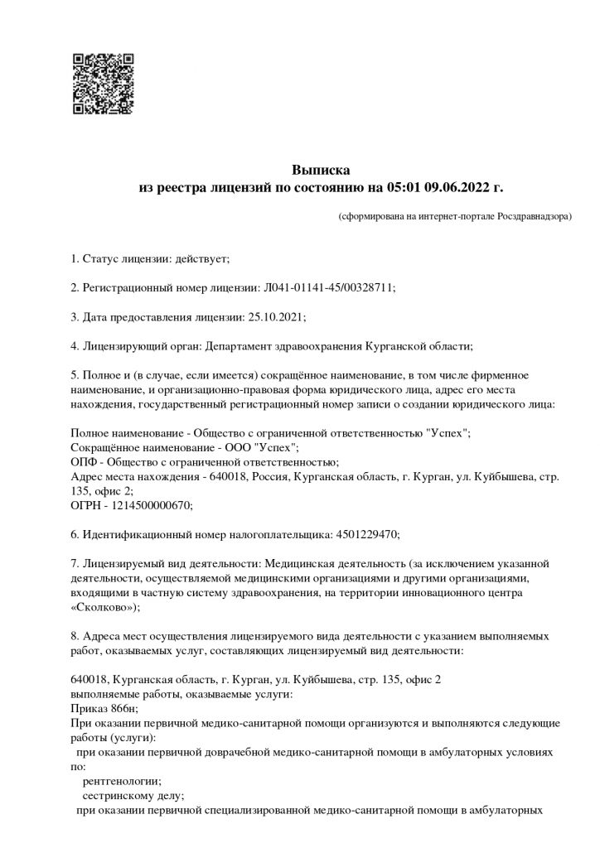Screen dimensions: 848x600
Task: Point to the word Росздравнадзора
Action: [x=532, y=217]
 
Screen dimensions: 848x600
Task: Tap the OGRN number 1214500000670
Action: [x=152, y=504]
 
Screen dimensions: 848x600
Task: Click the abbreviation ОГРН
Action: [x=86, y=504]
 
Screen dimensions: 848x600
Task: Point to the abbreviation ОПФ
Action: [x=84, y=461]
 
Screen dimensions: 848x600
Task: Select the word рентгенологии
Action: [x=122, y=780]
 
